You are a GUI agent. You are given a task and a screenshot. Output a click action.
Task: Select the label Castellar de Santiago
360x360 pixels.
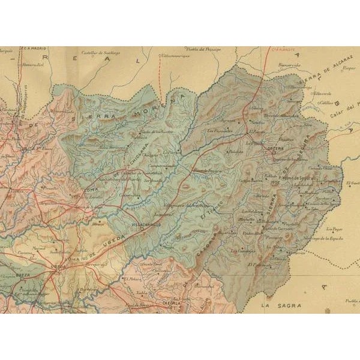point(101,53)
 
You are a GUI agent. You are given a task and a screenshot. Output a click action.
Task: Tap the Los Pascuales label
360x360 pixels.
point(219,130)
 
